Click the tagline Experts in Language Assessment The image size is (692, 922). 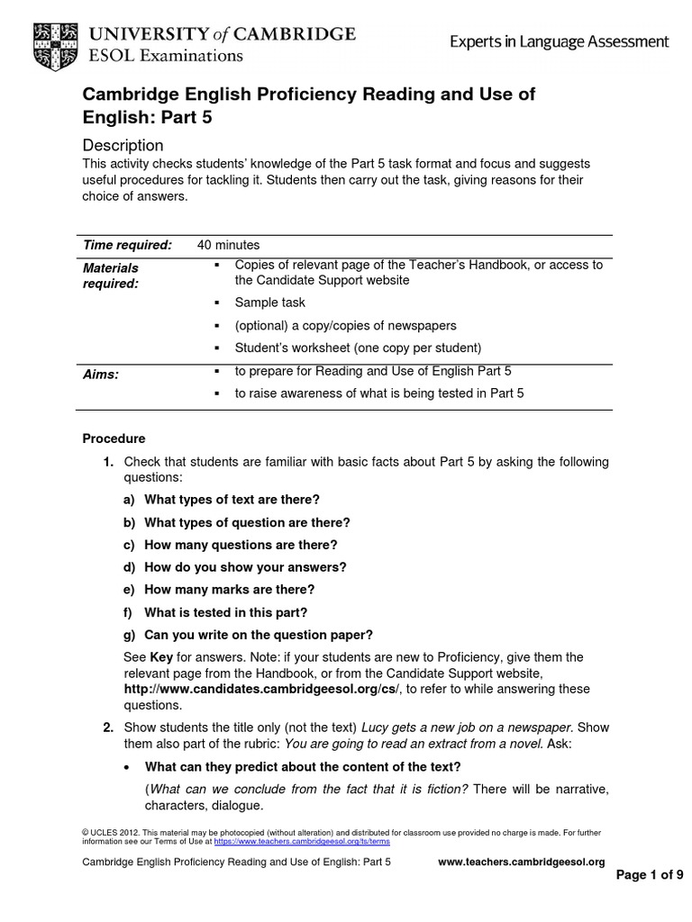tap(560, 41)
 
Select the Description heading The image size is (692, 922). tap(123, 145)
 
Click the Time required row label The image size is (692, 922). tap(127, 245)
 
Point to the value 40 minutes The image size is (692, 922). tap(228, 245)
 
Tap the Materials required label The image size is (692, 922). tap(111, 276)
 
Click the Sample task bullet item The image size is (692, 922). tap(269, 303)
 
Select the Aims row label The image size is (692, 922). tap(101, 374)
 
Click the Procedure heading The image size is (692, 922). tap(114, 439)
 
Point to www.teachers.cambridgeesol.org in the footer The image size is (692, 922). tap(521, 862)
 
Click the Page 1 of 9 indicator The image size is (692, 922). tap(649, 875)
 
